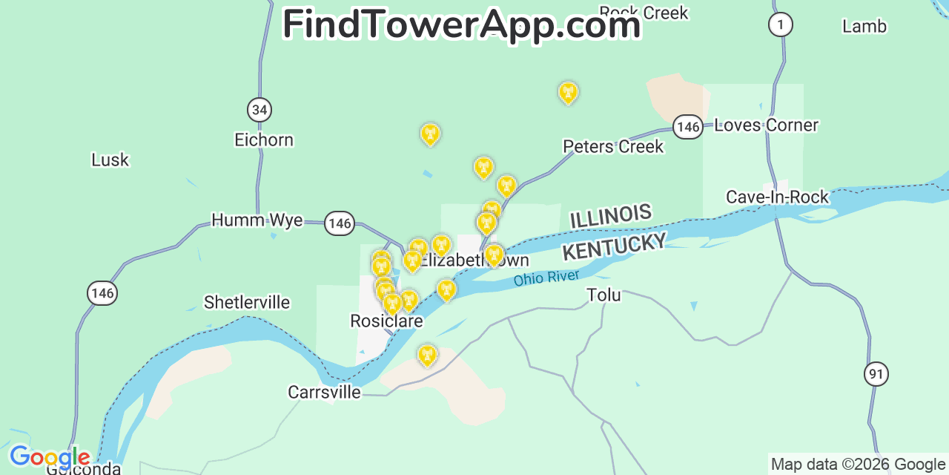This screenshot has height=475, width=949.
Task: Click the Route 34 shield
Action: point(259,111)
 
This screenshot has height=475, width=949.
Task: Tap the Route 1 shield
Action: point(780,24)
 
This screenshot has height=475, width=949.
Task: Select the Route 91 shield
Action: point(876,373)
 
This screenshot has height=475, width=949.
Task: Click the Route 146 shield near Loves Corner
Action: point(688,127)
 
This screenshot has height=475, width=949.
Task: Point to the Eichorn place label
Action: point(264,140)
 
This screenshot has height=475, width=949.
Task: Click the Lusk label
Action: point(110,160)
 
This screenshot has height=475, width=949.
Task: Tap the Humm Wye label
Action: point(257,220)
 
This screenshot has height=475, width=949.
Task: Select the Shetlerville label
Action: point(247,303)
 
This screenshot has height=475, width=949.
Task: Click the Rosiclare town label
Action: point(386,321)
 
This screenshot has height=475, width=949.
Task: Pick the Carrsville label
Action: point(325,392)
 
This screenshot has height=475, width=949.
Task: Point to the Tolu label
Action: point(604,295)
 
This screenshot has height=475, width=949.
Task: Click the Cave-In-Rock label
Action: point(777,197)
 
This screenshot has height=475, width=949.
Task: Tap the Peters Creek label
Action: point(613,147)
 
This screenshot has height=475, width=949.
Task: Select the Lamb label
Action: point(864,27)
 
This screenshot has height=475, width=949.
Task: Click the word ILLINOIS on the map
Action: point(610,217)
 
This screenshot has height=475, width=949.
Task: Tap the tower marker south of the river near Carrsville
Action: point(426,356)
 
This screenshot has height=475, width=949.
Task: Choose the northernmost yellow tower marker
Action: point(568,93)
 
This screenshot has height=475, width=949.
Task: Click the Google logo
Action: point(50,456)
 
